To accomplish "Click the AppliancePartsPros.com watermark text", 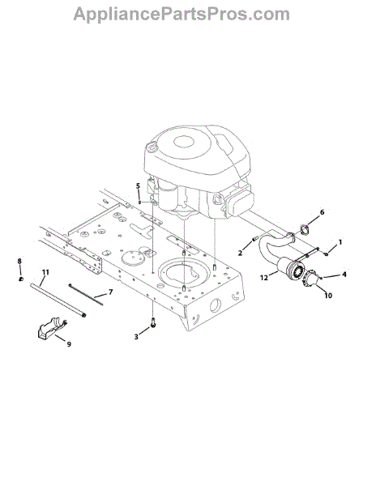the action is pyautogui.click(x=182, y=15).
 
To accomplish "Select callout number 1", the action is pyautogui.click(x=340, y=241).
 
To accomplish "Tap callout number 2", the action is pyautogui.click(x=240, y=253).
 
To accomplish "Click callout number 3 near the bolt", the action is pyautogui.click(x=136, y=337).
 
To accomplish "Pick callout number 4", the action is pyautogui.click(x=344, y=275).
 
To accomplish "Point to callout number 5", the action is pyautogui.click(x=138, y=186).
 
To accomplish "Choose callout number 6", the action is pyautogui.click(x=322, y=212).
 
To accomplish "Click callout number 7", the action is pyautogui.click(x=110, y=292).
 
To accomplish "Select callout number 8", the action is pyautogui.click(x=19, y=261).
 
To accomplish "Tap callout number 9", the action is pyautogui.click(x=69, y=344).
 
